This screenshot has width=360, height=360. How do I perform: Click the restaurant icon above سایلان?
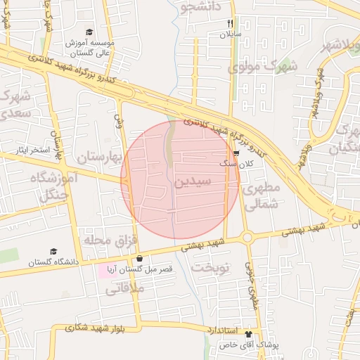(x=230, y=23)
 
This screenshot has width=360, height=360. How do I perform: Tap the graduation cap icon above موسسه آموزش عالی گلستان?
(x=89, y=32)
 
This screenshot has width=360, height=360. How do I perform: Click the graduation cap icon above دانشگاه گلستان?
(x=54, y=252)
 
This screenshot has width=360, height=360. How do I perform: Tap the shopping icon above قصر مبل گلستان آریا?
(x=139, y=258)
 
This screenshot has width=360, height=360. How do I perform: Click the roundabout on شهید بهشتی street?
(x=247, y=238)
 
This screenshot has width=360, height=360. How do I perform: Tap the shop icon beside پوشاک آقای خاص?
(x=247, y=335)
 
